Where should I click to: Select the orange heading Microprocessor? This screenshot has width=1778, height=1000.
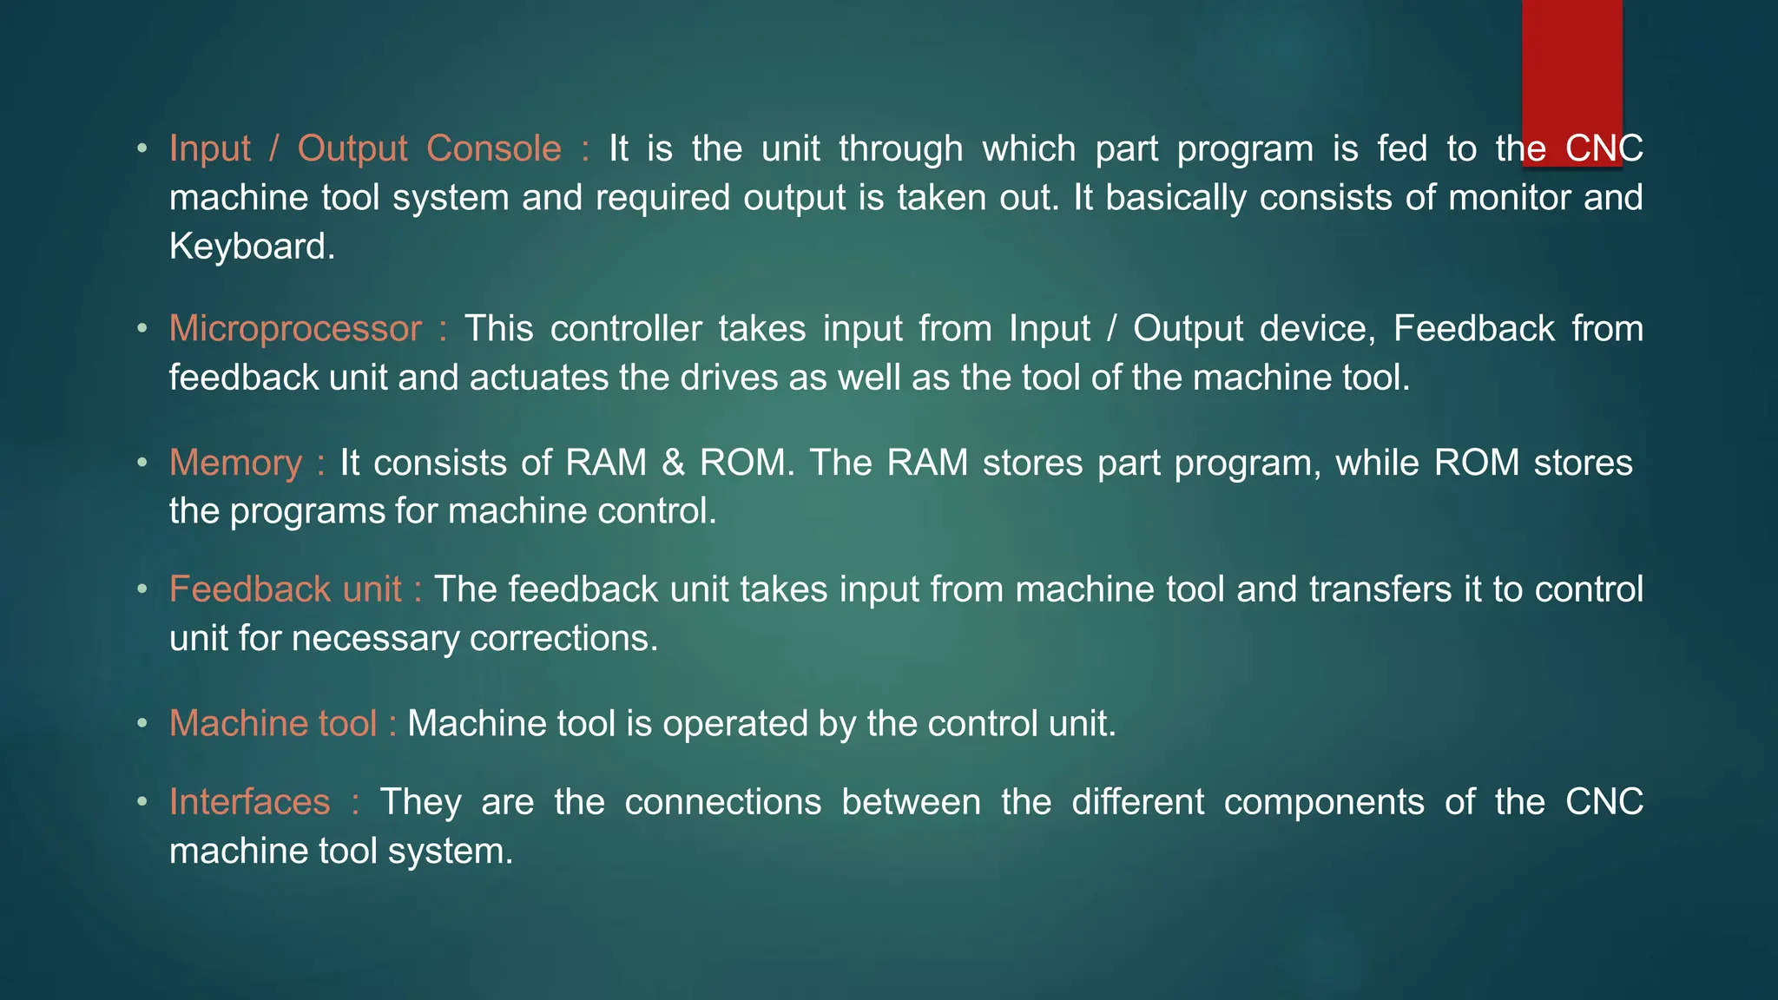coord(295,329)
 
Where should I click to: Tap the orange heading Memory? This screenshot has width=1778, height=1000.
coord(235,463)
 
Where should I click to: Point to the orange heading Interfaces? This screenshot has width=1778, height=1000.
coord(249,801)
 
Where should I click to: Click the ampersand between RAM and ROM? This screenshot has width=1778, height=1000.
coord(674,463)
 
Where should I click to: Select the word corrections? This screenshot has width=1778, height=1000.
coord(563,639)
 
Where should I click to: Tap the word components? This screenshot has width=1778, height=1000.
coord(1324,801)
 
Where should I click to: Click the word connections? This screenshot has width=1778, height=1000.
coord(722,801)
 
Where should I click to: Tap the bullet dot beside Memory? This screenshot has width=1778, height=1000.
coord(142,463)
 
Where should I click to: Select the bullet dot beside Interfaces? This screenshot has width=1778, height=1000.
coord(142,802)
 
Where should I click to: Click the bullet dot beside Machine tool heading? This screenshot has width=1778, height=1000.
coord(142,724)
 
